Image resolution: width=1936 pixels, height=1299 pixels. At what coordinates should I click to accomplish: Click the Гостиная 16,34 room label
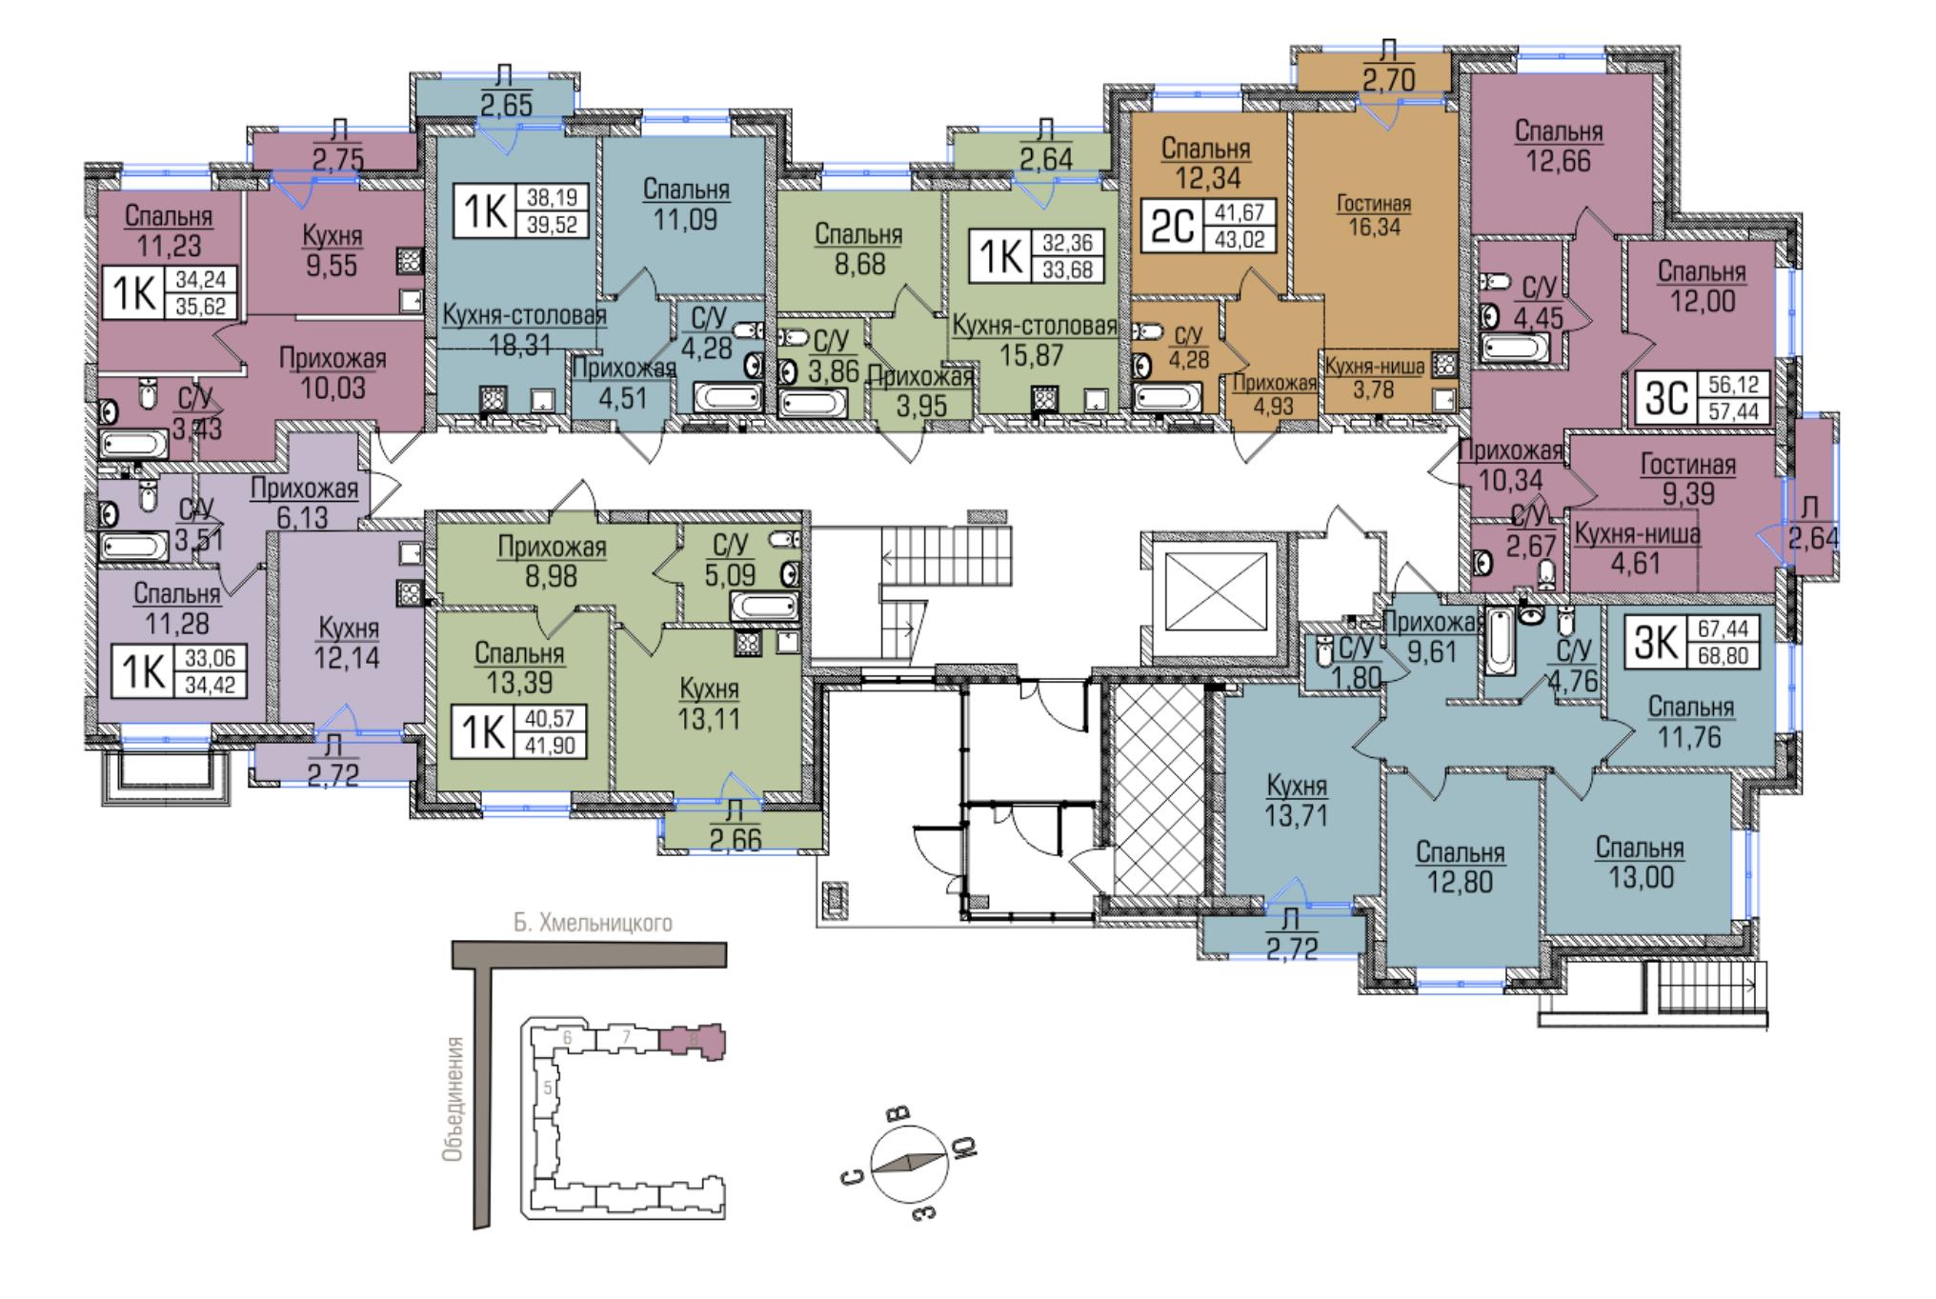point(1374,215)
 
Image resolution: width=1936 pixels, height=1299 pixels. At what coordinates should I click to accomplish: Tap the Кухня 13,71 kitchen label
point(1296,800)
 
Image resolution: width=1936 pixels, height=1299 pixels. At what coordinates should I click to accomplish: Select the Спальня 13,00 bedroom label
point(1640,862)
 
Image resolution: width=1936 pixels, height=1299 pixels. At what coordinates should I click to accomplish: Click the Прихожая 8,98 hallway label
point(552,561)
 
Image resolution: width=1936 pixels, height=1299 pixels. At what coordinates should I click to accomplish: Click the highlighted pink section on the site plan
point(693,1041)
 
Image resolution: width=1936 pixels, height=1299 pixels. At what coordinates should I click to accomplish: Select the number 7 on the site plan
point(625,1036)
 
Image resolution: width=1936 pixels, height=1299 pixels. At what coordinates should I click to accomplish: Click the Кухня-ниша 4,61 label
point(1635,549)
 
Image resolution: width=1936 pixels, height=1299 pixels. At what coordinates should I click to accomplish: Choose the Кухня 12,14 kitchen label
point(349,643)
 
